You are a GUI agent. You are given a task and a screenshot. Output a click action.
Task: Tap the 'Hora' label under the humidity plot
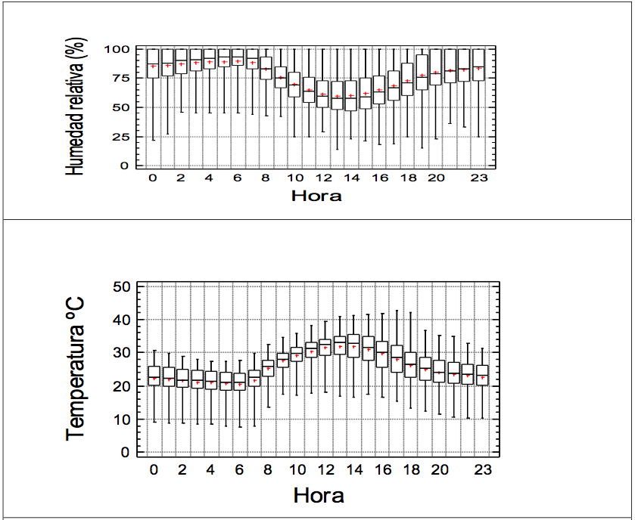pyautogui.click(x=316, y=197)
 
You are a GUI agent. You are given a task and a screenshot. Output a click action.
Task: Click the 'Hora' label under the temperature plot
pyautogui.click(x=318, y=496)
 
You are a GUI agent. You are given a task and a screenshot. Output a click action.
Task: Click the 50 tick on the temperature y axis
pyautogui.click(x=123, y=287)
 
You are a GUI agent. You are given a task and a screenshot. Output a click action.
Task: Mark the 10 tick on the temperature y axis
pyautogui.click(x=123, y=419)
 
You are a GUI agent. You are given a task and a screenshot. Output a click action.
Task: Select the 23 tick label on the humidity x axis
pyautogui.click(x=479, y=178)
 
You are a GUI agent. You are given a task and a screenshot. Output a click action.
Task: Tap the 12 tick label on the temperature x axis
pyautogui.click(x=325, y=469)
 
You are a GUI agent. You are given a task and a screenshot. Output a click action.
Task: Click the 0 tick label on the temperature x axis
pyautogui.click(x=154, y=469)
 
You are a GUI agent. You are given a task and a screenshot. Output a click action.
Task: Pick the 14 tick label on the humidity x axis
pyautogui.click(x=350, y=178)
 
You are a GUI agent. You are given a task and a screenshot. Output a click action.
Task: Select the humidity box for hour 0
pyautogui.click(x=153, y=63)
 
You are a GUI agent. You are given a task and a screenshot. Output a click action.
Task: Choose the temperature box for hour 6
pyautogui.click(x=239, y=381)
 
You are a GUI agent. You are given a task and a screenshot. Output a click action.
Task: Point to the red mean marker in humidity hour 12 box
pyautogui.click(x=323, y=95)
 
